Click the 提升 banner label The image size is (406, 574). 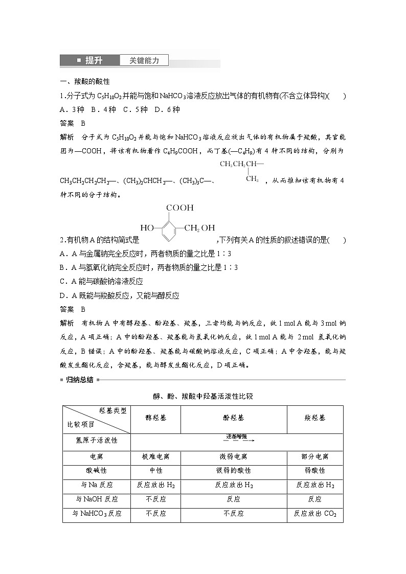tap(94, 60)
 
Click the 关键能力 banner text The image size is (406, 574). tap(144, 60)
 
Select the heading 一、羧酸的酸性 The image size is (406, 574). tap(85, 81)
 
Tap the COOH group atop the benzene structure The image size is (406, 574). tap(179, 208)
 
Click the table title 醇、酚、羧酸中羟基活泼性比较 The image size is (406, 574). tap(203, 396)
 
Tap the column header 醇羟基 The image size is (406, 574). tap(156, 418)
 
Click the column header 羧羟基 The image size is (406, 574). tap(314, 418)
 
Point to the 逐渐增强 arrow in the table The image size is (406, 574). tap(237, 438)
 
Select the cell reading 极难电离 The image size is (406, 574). tap(156, 456)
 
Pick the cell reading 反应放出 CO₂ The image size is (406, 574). tap(314, 514)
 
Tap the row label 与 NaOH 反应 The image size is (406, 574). tap(97, 499)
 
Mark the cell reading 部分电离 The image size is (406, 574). tap(314, 456)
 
